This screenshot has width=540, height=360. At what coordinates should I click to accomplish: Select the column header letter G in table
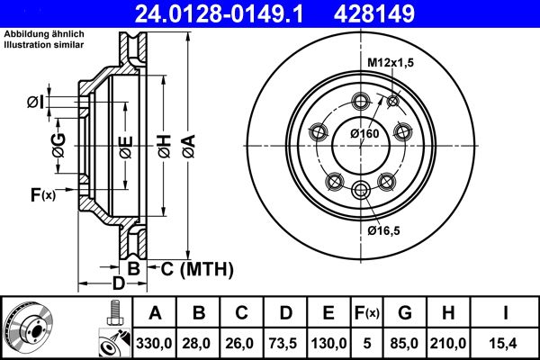click(405, 313)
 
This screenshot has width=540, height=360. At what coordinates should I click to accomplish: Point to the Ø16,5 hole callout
click(385, 230)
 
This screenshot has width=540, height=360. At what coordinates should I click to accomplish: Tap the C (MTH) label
click(196, 268)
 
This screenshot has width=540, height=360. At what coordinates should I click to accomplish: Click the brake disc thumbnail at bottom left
click(29, 328)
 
